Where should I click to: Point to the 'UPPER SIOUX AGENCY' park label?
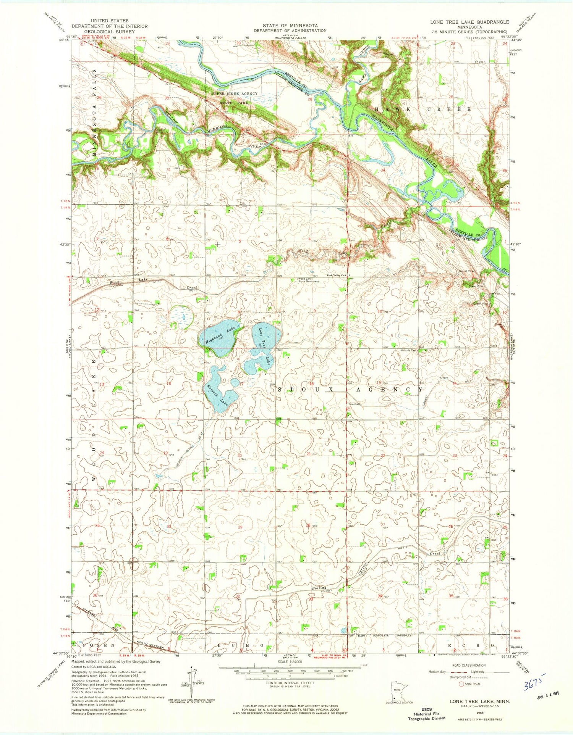235,93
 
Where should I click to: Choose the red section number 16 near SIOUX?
311,384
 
